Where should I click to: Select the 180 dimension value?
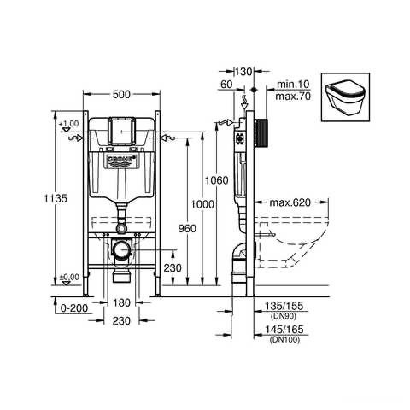(123, 303)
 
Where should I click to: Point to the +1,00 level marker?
(70, 125)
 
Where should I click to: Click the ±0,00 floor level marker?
(70, 278)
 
